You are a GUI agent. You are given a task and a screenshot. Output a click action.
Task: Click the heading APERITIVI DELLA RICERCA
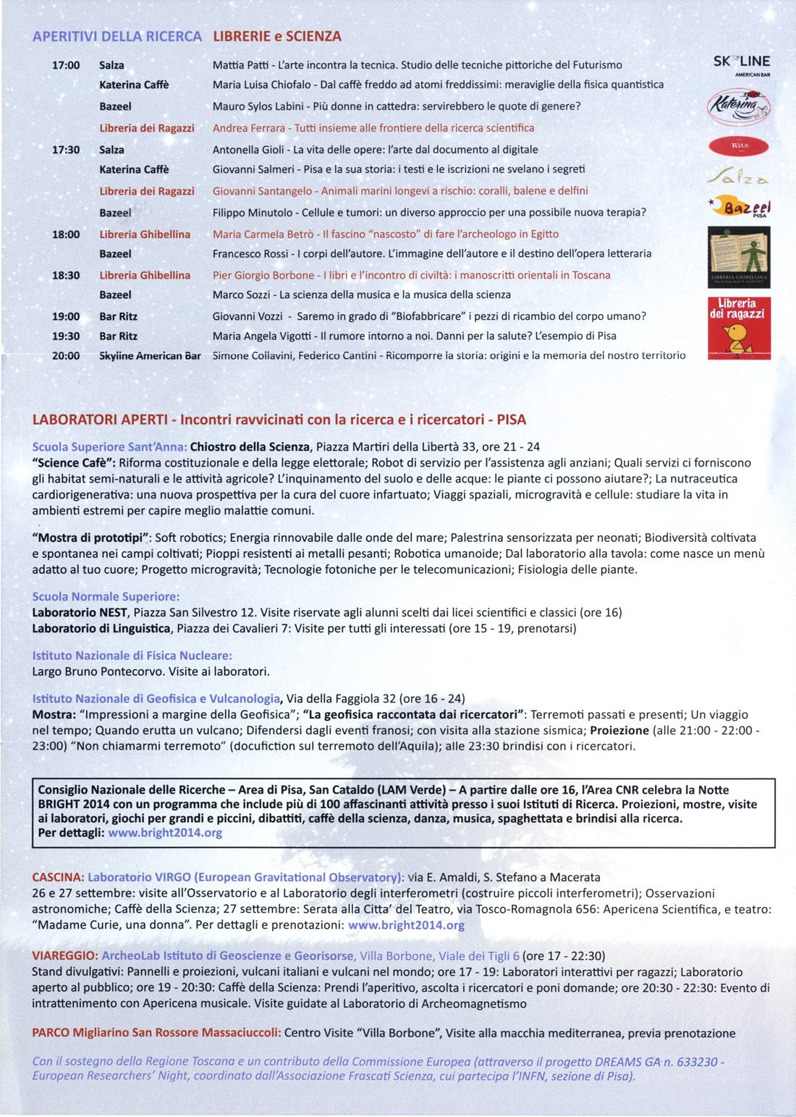coord(117,36)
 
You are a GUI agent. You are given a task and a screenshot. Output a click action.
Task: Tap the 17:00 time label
coord(66,65)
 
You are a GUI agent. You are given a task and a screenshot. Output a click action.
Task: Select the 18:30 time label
coord(66,276)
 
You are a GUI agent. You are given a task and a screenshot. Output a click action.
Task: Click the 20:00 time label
coord(66,356)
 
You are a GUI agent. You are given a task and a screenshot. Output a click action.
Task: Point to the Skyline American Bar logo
coord(741,64)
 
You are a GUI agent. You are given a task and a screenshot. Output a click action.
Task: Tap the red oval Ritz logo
coord(738,146)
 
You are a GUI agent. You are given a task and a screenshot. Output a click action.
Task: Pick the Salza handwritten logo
coord(738,177)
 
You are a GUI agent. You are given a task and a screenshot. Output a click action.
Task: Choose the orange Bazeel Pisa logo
coord(741,208)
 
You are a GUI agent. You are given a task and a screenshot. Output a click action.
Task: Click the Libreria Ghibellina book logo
coord(738,257)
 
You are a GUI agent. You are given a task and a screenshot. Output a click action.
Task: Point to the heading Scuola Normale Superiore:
coord(106,597)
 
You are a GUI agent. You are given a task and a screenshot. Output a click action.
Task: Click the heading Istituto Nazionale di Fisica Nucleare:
coord(132,655)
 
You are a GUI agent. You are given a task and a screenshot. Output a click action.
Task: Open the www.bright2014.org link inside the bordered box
coord(165,833)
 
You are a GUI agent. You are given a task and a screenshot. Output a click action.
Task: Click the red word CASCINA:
coord(58,878)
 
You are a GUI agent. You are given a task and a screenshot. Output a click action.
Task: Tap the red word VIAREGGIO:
coord(64,956)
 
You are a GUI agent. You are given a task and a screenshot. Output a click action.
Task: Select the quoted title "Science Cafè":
coord(74,463)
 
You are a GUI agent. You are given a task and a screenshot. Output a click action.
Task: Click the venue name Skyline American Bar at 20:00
coord(150,356)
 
